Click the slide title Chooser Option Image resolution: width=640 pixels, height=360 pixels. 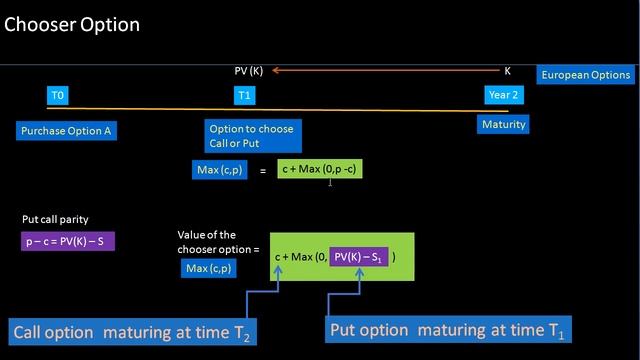point(72,24)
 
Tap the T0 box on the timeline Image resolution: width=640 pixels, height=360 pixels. point(58,95)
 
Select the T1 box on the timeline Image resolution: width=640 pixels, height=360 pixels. point(245,95)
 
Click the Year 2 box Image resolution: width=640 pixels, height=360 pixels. point(503,95)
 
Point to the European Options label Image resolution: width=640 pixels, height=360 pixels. point(585,75)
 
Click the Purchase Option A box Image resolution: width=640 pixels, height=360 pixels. point(66,130)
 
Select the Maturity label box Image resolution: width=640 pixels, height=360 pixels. point(503,125)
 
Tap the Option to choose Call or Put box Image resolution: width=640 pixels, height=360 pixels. point(251,136)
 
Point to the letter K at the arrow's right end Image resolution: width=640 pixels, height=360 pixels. point(507,71)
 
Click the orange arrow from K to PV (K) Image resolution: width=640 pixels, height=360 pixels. point(380,71)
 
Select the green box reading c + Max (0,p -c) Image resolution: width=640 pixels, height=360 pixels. point(320,170)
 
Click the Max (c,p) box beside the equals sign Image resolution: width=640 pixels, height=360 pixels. point(222,170)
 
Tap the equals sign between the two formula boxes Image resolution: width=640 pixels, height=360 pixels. point(263,171)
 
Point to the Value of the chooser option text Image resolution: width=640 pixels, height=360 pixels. point(217,241)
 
